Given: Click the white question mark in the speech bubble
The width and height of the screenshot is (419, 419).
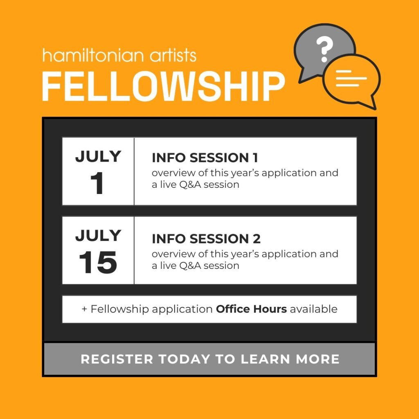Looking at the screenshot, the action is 324,49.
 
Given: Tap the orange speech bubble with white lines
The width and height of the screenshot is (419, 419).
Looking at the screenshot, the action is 351,80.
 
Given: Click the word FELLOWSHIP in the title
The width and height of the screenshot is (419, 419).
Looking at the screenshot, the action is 164,86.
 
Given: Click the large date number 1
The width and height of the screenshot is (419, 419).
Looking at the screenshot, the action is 97,183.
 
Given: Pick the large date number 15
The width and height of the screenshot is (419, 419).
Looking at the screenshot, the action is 98,262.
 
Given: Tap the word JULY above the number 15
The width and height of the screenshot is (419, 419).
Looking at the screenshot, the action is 98,235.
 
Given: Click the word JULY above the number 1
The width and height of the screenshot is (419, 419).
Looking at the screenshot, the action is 98,156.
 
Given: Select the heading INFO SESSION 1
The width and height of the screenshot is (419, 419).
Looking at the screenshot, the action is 205,158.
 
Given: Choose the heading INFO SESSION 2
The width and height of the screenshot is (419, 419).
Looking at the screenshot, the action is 206,239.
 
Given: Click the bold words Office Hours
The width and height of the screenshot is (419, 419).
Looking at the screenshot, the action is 252,309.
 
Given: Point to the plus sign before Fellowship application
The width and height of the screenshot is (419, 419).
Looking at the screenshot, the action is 84,309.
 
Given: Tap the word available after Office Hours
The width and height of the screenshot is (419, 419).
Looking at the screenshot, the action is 314,309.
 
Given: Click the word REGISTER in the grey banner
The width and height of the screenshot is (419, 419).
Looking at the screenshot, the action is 117,359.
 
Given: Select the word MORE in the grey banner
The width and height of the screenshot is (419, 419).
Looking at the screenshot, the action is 318,359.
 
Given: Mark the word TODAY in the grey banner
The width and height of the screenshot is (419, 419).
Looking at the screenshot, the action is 185,359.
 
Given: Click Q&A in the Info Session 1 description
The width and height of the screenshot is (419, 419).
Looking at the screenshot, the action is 190,185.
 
